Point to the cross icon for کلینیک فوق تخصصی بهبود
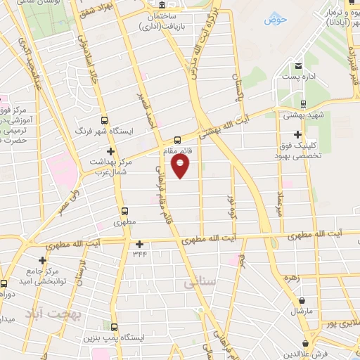298,134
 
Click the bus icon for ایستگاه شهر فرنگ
105,120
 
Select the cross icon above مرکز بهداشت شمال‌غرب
110,151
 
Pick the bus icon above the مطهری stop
124,210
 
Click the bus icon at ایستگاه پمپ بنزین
115,326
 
